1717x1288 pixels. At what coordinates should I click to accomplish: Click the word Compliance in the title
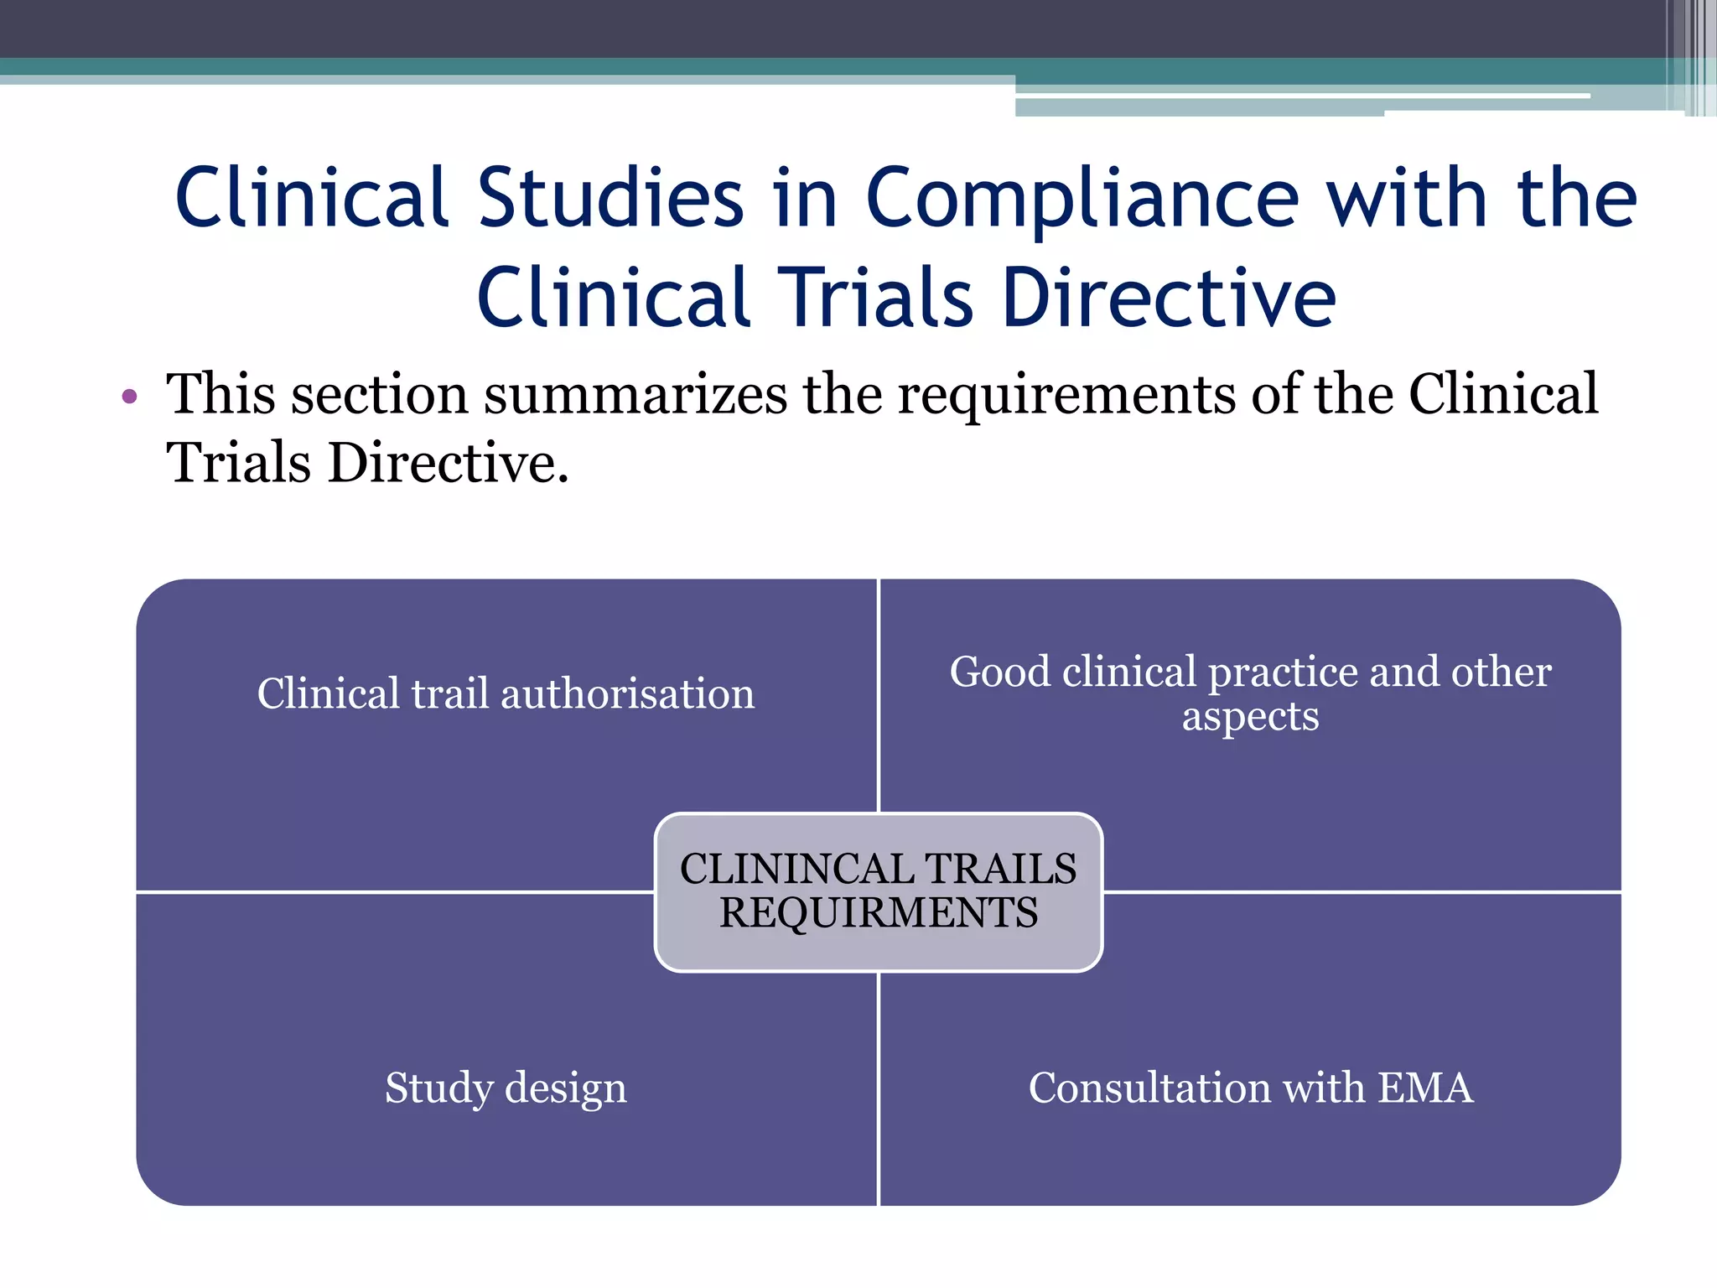pyautogui.click(x=1082, y=199)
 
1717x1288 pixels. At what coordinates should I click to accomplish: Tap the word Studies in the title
pyautogui.click(x=610, y=199)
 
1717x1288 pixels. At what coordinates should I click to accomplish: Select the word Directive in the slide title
pyautogui.click(x=1169, y=299)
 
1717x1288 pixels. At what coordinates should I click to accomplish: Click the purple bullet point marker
pyautogui.click(x=129, y=396)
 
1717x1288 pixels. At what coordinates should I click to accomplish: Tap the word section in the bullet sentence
pyautogui.click(x=379, y=394)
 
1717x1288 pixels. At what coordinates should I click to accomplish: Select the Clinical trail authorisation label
pyautogui.click(x=506, y=694)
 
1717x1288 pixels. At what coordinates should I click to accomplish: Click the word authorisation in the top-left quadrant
pyautogui.click(x=627, y=694)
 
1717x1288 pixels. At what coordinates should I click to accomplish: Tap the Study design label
pyautogui.click(x=506, y=1088)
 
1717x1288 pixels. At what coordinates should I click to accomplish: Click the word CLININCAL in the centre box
pyautogui.click(x=785, y=869)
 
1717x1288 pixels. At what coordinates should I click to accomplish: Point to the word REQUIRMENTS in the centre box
pyautogui.click(x=879, y=913)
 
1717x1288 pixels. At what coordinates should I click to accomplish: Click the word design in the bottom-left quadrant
pyautogui.click(x=565, y=1088)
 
